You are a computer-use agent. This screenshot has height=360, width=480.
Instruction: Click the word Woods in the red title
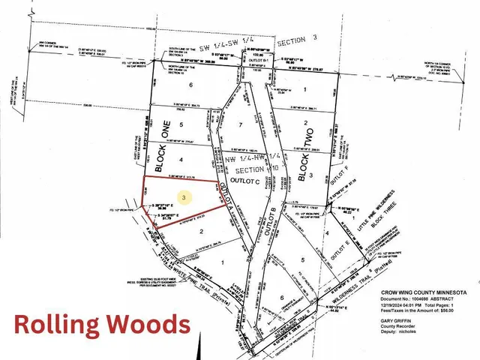[x=142, y=325]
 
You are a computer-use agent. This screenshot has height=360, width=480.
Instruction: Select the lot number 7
[x=239, y=124]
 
